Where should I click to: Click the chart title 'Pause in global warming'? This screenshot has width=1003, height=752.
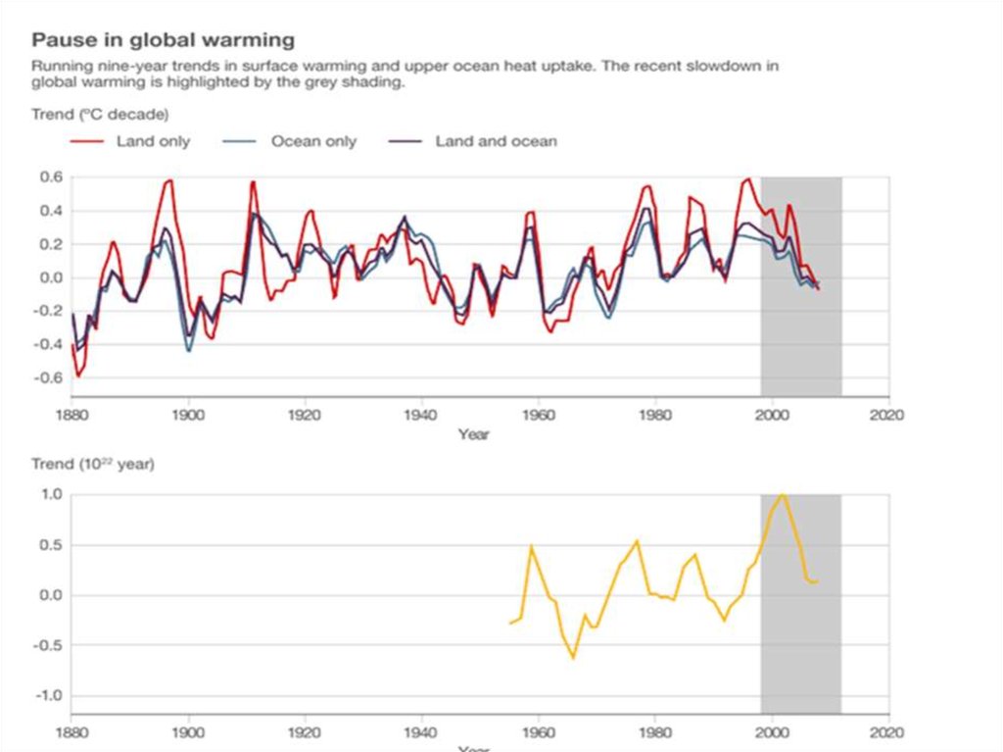tap(164, 40)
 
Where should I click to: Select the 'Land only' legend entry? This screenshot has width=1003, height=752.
tap(153, 141)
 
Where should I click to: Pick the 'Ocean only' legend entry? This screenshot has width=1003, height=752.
tap(313, 141)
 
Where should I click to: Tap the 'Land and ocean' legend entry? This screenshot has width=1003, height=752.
tap(496, 141)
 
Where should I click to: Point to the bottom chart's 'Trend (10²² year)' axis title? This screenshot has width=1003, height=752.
tap(93, 463)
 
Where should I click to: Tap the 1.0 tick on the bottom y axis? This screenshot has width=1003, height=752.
tap(51, 495)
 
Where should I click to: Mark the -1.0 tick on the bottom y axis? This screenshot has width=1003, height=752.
tap(48, 696)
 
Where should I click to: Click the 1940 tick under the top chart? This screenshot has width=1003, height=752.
tap(421, 414)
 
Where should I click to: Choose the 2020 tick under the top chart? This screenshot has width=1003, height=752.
tap(887, 414)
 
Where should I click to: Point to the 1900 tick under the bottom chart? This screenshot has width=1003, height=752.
tap(188, 731)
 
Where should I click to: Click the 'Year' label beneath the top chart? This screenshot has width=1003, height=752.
tap(473, 434)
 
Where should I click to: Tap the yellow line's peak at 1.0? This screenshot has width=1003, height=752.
tap(782, 495)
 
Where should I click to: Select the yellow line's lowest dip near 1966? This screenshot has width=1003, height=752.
tap(573, 657)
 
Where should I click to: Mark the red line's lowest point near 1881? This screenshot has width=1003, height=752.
tap(77, 376)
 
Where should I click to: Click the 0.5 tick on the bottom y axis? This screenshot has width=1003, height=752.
tap(51, 545)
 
